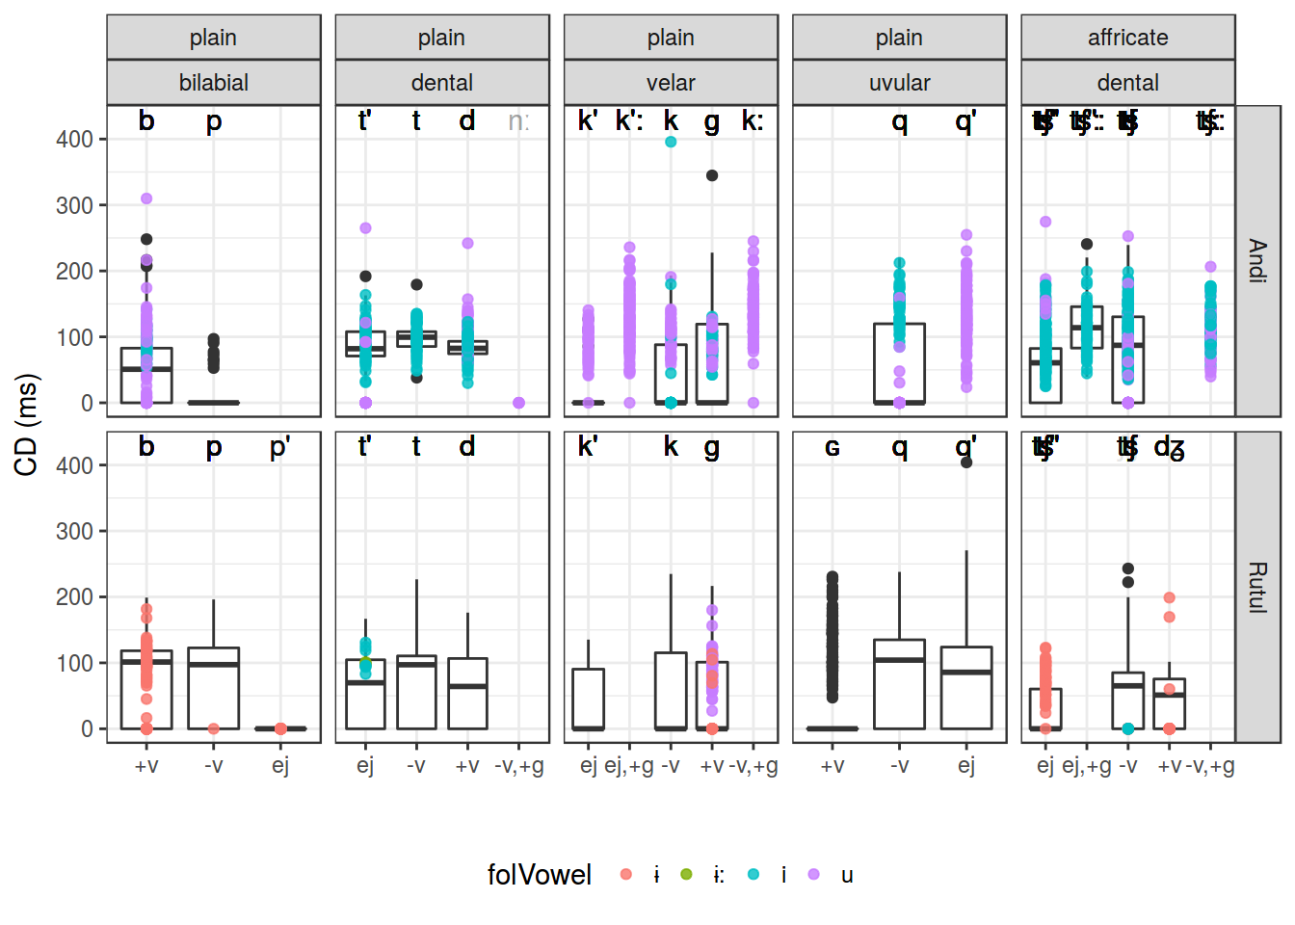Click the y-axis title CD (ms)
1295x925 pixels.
tap(27, 424)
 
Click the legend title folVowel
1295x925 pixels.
tap(539, 875)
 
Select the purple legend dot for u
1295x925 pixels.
tap(814, 875)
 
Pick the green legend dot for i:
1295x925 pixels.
tap(686, 875)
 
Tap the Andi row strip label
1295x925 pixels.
tap(1257, 260)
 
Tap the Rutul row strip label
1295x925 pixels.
tap(1257, 587)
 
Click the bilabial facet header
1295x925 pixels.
tap(213, 83)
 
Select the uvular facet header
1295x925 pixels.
tap(899, 83)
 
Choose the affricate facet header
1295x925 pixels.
tap(1127, 38)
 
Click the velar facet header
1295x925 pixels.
tap(671, 83)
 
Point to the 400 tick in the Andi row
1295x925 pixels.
tap(74, 140)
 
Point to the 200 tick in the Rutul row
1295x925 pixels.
tap(74, 597)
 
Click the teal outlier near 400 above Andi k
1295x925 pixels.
tap(671, 142)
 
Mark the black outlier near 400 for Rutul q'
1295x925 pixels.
tap(966, 462)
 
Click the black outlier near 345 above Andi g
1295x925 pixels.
tap(712, 175)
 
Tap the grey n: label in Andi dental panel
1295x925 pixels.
tap(518, 121)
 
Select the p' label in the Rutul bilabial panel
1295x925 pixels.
tap(279, 447)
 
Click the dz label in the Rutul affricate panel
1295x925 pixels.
tap(1169, 447)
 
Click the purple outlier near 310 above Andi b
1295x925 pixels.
tap(146, 198)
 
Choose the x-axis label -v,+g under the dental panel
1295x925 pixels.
tap(518, 766)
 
